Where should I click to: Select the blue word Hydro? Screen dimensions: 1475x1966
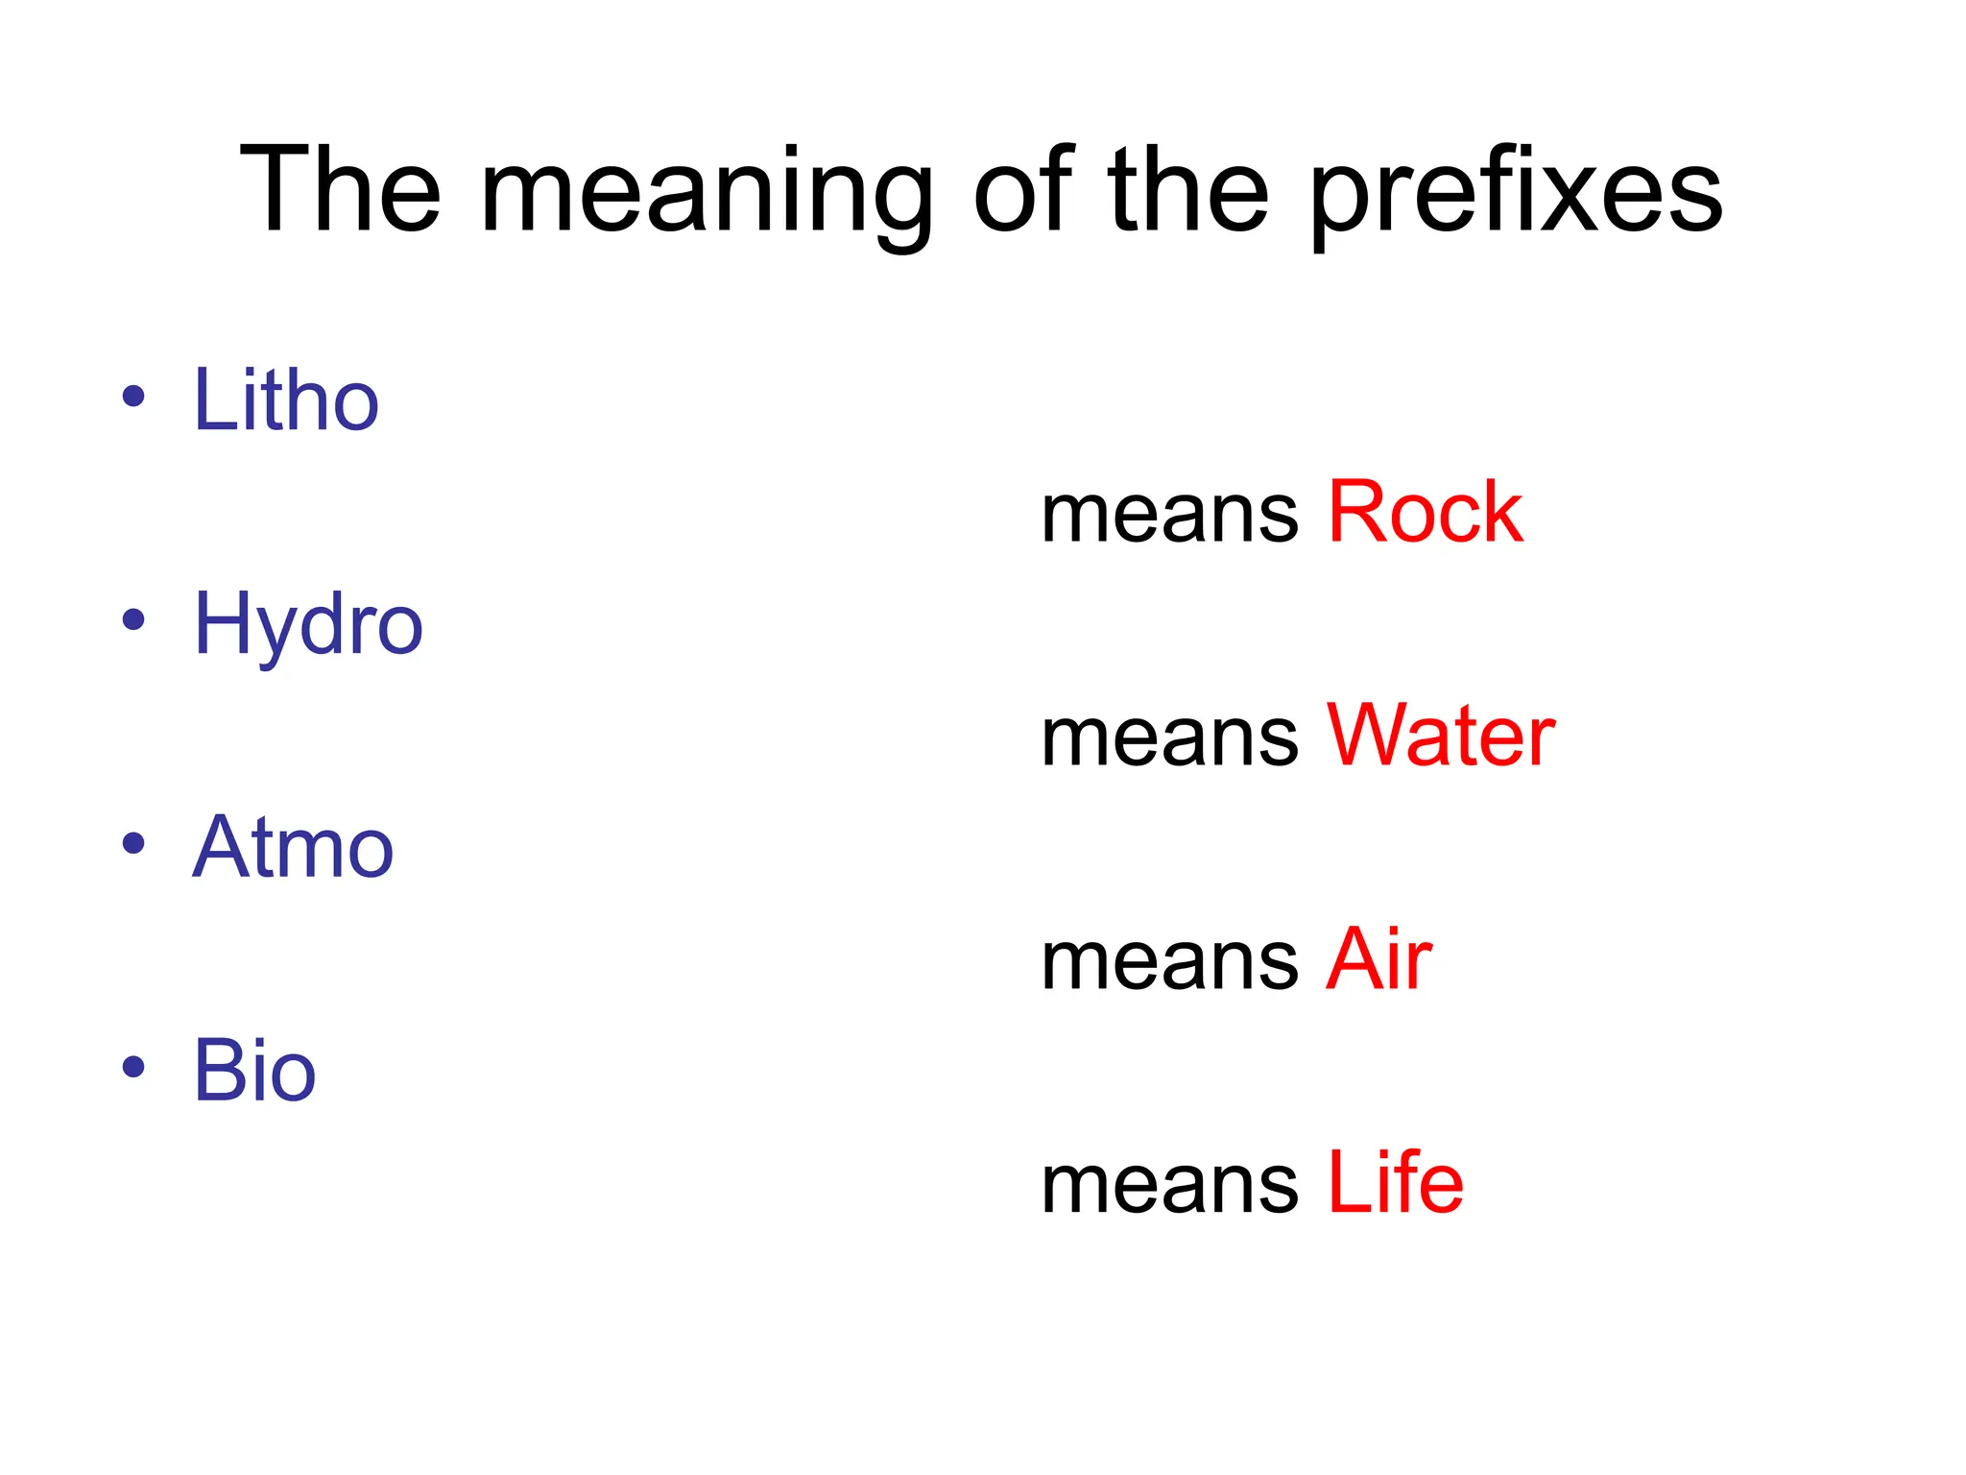(307, 624)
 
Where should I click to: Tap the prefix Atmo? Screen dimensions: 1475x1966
(293, 847)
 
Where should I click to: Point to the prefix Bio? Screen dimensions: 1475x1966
(254, 1071)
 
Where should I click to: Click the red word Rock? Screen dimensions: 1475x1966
(1425, 513)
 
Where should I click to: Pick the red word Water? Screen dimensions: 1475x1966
(1440, 737)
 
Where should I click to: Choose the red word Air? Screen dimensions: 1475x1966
(1379, 959)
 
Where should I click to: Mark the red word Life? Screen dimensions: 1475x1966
(1395, 1183)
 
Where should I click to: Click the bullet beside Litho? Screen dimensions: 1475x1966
(133, 396)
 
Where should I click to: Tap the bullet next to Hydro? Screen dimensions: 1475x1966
(133, 619)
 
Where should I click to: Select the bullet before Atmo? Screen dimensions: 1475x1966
(133, 843)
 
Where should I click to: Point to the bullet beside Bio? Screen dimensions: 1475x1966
(133, 1067)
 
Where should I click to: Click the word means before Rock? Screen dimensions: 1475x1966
(1169, 516)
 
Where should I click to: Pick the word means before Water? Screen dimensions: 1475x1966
(1169, 739)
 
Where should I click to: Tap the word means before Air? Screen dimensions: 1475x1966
(1169, 962)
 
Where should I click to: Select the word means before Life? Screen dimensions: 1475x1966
(1169, 1186)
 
